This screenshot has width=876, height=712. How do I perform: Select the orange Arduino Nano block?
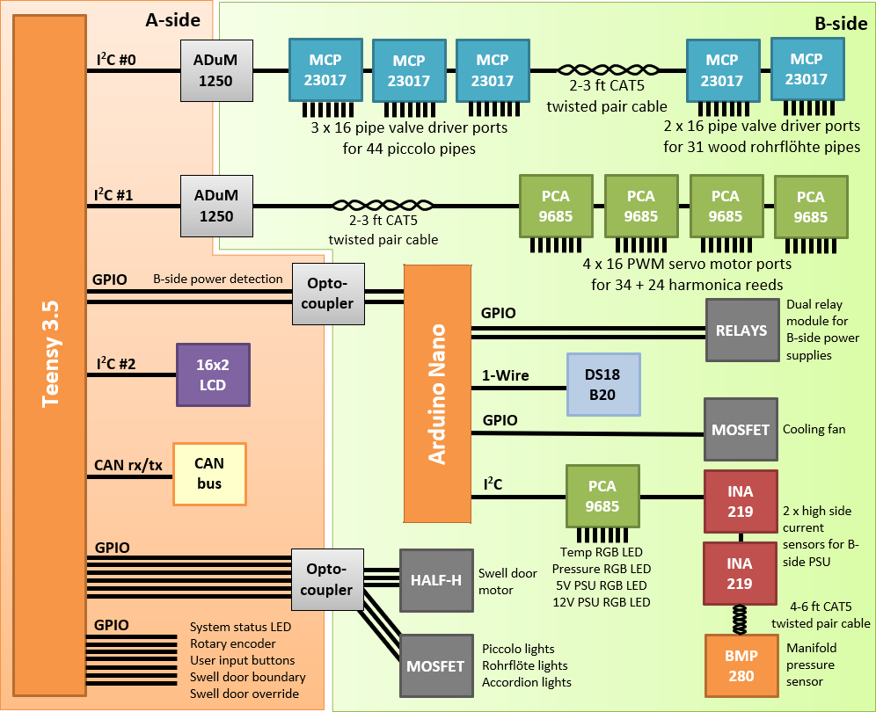coord(437,393)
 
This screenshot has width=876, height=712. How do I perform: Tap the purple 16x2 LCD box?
coord(213,374)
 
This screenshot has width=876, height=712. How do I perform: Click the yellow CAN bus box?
coord(209,474)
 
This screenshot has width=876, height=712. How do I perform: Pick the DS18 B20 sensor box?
coord(602,384)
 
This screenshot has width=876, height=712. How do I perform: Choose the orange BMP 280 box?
coord(741,665)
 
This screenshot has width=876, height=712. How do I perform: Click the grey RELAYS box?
coord(741,331)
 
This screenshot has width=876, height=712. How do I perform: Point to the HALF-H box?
coord(436,580)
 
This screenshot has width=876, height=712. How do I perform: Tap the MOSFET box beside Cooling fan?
coord(741,429)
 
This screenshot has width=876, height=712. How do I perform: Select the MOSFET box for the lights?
coord(435,665)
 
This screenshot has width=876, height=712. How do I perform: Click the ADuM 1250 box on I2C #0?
coord(216,69)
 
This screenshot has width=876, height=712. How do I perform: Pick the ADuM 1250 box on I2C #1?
coord(216,205)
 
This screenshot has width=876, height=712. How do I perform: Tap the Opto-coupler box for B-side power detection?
coord(331,293)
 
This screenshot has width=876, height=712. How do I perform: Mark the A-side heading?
coord(172,19)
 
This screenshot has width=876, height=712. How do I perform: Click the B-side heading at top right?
coord(841,24)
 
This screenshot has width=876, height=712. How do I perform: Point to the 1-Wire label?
coord(506,376)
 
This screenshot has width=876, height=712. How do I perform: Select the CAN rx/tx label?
coord(128,466)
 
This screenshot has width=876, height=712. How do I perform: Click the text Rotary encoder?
coord(233,643)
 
